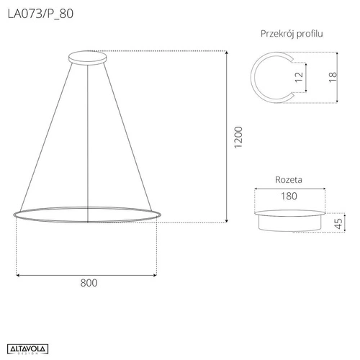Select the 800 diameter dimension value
coord(87,283)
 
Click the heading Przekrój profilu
coord(291,34)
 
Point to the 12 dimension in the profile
coord(297,77)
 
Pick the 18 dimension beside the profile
coord(332,77)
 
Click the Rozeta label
coord(289,179)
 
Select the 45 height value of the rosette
coord(338,223)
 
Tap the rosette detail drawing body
coord(289,220)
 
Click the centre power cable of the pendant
coord(87,137)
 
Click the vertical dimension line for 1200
coord(228,137)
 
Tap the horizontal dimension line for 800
coord(87,274)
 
